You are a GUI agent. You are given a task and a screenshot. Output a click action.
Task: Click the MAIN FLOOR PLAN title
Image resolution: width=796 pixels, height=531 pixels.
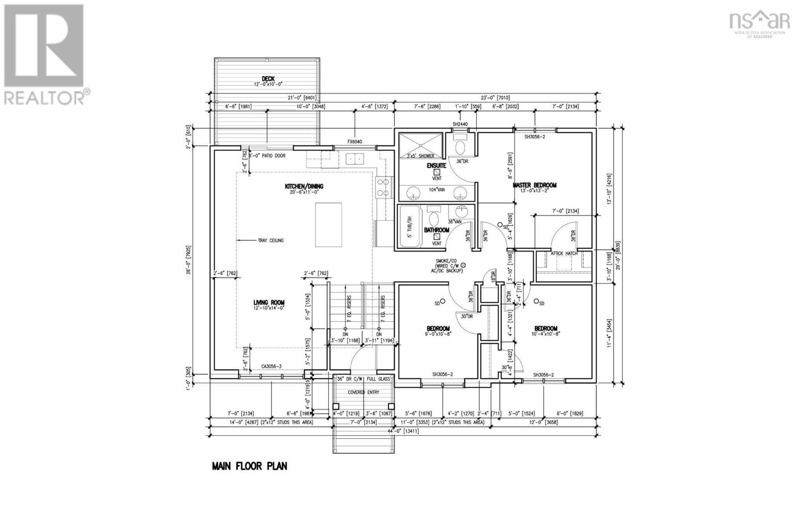click(x=249, y=467)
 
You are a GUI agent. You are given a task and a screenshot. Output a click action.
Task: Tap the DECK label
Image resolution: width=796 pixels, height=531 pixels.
click(x=268, y=79)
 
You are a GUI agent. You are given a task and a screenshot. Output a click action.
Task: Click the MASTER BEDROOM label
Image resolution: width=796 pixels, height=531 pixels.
click(x=535, y=185)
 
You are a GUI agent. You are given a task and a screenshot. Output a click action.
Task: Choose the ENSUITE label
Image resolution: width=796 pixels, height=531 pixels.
click(x=436, y=165)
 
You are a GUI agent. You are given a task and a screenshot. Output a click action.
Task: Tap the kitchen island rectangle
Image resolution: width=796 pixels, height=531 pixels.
click(x=328, y=225)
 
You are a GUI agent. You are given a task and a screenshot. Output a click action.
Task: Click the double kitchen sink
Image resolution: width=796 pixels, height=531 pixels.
click(x=356, y=159)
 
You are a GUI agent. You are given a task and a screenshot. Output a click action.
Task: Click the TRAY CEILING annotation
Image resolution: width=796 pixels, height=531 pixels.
click(x=270, y=241)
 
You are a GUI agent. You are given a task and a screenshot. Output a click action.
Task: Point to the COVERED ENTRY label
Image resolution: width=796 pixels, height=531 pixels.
click(x=363, y=393)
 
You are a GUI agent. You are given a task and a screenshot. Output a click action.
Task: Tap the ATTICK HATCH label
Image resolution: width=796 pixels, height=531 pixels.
click(x=564, y=254)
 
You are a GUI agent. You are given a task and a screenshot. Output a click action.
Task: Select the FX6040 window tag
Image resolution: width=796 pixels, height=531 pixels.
click(x=355, y=142)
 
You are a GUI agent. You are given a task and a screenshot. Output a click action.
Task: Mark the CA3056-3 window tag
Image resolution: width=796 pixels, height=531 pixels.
click(x=272, y=367)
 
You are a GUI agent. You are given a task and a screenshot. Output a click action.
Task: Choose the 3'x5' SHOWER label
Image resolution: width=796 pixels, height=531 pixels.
click(x=420, y=156)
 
